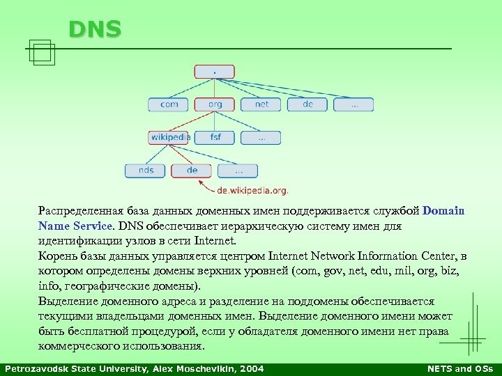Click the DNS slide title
coord(95,29)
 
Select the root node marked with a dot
coord(215,72)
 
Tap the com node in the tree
coord(169,104)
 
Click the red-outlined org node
coord(215,104)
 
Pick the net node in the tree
coord(261,104)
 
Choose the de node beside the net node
coord(307,104)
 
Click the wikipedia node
coord(169,137)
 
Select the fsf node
coord(215,137)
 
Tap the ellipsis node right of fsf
coord(261,137)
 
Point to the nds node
coord(146,170)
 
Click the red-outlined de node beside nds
coord(192,170)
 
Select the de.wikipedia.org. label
coord(252,189)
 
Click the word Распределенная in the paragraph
coord(78,210)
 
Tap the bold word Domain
coord(443,210)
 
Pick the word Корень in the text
coord(56,256)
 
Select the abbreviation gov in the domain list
coord(338,272)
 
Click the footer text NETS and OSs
coord(459,369)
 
